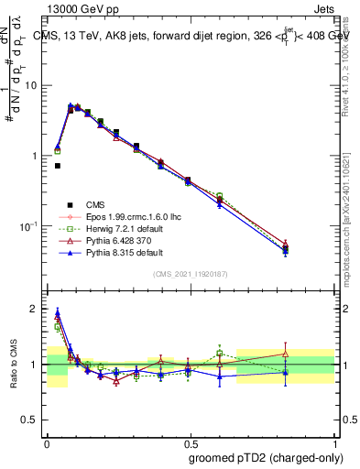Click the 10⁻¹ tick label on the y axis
pos(32,226)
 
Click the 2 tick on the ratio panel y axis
pos(38,309)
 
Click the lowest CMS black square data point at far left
pos(58,166)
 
